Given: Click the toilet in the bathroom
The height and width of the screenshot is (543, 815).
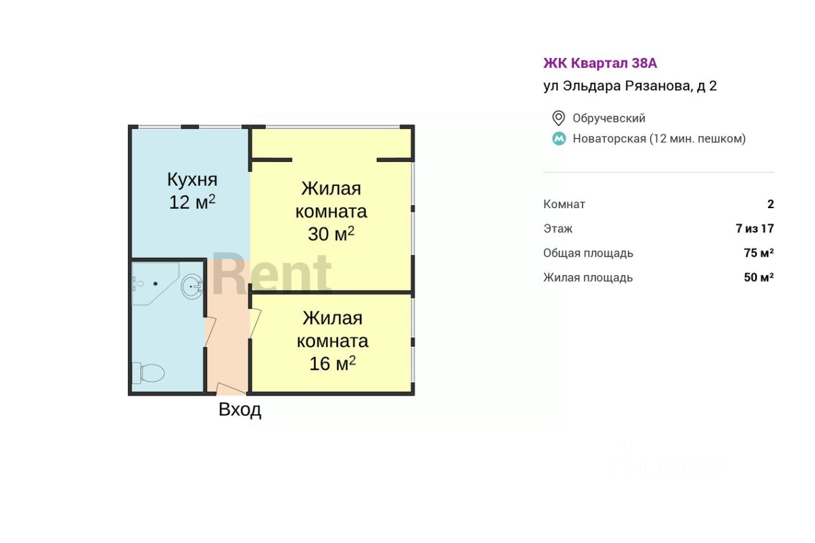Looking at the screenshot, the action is (x=148, y=373).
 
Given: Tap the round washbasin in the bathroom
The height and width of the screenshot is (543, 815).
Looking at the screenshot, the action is (x=192, y=286).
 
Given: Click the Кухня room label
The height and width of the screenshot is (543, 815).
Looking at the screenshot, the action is (x=192, y=180).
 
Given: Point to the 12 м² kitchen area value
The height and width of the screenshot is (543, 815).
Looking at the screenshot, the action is (x=192, y=202).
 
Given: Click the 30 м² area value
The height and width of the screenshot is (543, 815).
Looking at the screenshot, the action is (x=331, y=234).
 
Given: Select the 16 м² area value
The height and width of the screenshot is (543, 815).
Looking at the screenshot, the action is (x=332, y=363).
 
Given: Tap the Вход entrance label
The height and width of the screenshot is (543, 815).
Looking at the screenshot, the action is (x=240, y=410).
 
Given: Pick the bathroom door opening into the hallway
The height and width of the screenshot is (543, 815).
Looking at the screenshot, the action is (x=210, y=332).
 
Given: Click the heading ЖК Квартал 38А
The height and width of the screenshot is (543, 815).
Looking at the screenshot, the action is (x=600, y=63).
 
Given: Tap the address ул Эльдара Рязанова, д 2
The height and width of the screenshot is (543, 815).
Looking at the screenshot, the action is (x=630, y=86).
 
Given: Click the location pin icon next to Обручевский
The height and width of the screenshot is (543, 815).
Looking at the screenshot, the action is (x=558, y=118).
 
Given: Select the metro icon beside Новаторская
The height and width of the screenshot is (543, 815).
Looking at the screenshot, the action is (x=559, y=139).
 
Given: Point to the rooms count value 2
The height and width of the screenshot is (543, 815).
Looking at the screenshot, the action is (x=770, y=204).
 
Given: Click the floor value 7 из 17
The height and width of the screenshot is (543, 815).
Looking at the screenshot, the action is (x=755, y=229).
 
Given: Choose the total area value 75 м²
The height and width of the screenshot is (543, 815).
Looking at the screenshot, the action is (x=759, y=253).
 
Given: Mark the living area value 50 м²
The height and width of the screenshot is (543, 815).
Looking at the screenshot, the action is (x=759, y=277).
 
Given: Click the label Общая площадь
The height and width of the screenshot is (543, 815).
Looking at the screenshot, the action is (x=588, y=253).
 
